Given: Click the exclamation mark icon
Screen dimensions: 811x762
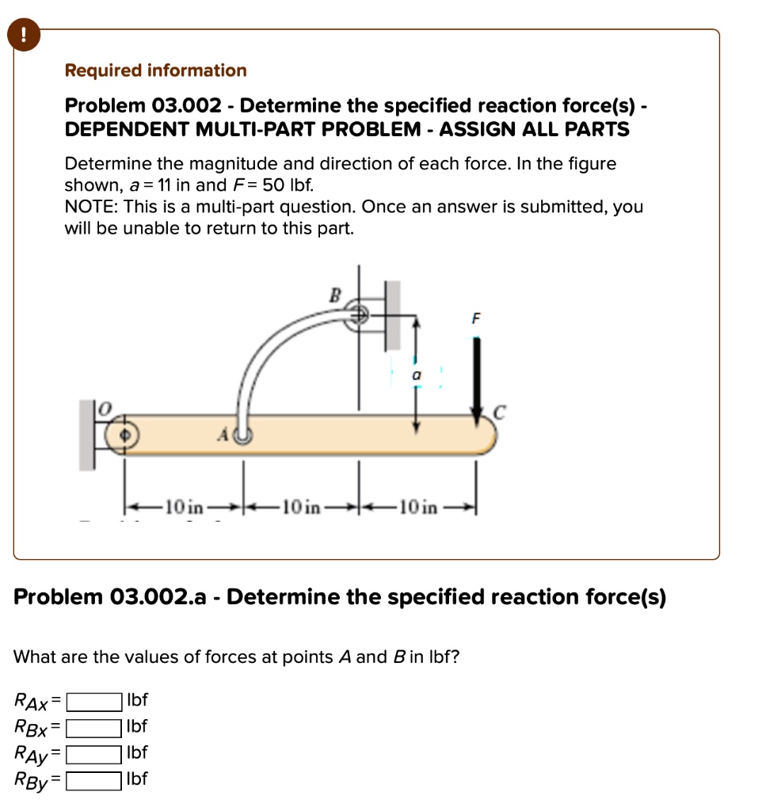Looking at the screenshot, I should click(x=26, y=34).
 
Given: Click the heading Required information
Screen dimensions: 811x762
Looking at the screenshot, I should click(x=155, y=70).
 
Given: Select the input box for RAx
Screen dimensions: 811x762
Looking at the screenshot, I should click(x=93, y=701).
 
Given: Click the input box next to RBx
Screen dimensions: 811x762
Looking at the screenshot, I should click(x=93, y=727).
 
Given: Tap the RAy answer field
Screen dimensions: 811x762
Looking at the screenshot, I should click(x=93, y=753).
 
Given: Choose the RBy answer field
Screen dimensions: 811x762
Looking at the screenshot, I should click(x=93, y=780).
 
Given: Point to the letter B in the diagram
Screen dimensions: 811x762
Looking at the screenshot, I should click(x=333, y=295).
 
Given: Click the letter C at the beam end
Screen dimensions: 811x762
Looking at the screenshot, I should click(x=499, y=412).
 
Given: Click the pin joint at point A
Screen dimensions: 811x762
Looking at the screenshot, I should click(x=243, y=435).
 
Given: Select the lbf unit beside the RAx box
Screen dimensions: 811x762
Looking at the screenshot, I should click(x=137, y=701).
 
